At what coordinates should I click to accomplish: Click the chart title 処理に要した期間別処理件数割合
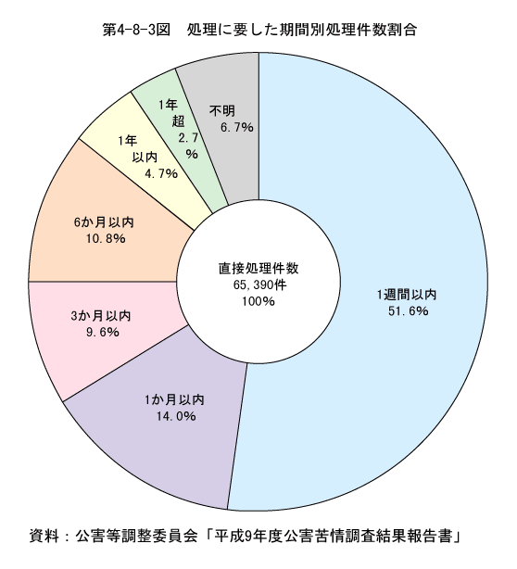[x=302, y=30]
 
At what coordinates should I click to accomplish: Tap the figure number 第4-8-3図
[x=136, y=30]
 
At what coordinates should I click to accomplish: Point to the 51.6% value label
[x=409, y=311]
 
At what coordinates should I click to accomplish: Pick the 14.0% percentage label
[x=176, y=416]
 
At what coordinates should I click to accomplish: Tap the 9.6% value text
[x=103, y=332]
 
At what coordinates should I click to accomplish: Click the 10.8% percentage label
[x=106, y=238]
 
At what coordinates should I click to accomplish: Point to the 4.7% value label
[x=161, y=174]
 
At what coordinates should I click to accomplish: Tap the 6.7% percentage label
[x=237, y=127]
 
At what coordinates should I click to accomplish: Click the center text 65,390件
[x=259, y=284]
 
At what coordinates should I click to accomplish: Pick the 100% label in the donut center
[x=258, y=301]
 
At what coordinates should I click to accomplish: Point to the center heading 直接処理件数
[x=258, y=268]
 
